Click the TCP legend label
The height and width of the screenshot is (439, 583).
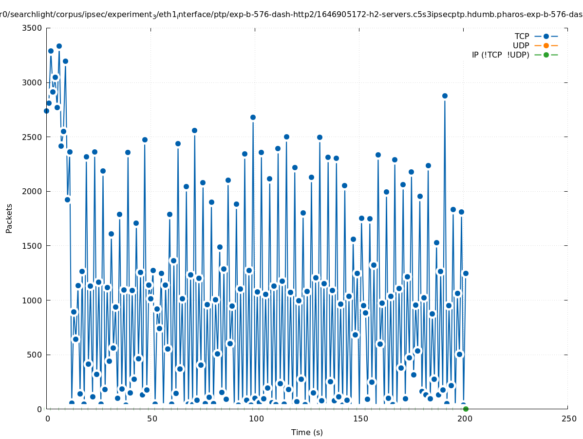(522, 36)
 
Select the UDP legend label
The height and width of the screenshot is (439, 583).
(521, 45)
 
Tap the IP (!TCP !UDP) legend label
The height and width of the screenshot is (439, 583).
(500, 55)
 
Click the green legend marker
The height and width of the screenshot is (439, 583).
(546, 55)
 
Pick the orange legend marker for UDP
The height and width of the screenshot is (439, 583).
(546, 45)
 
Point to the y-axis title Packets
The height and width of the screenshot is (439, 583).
(9, 218)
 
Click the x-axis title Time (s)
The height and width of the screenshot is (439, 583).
(307, 432)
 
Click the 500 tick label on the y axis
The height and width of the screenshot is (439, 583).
(35, 355)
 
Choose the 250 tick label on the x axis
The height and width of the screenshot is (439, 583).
(568, 419)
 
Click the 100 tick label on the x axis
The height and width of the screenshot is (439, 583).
(255, 419)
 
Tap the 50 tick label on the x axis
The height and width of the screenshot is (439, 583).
(151, 419)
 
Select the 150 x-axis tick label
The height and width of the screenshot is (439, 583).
(359, 419)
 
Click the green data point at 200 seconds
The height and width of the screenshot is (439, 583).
(466, 409)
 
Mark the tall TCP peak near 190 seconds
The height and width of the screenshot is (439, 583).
(445, 96)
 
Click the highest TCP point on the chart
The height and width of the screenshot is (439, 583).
(59, 46)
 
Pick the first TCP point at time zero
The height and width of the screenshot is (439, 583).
(47, 111)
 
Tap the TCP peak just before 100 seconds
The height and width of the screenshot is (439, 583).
(253, 117)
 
